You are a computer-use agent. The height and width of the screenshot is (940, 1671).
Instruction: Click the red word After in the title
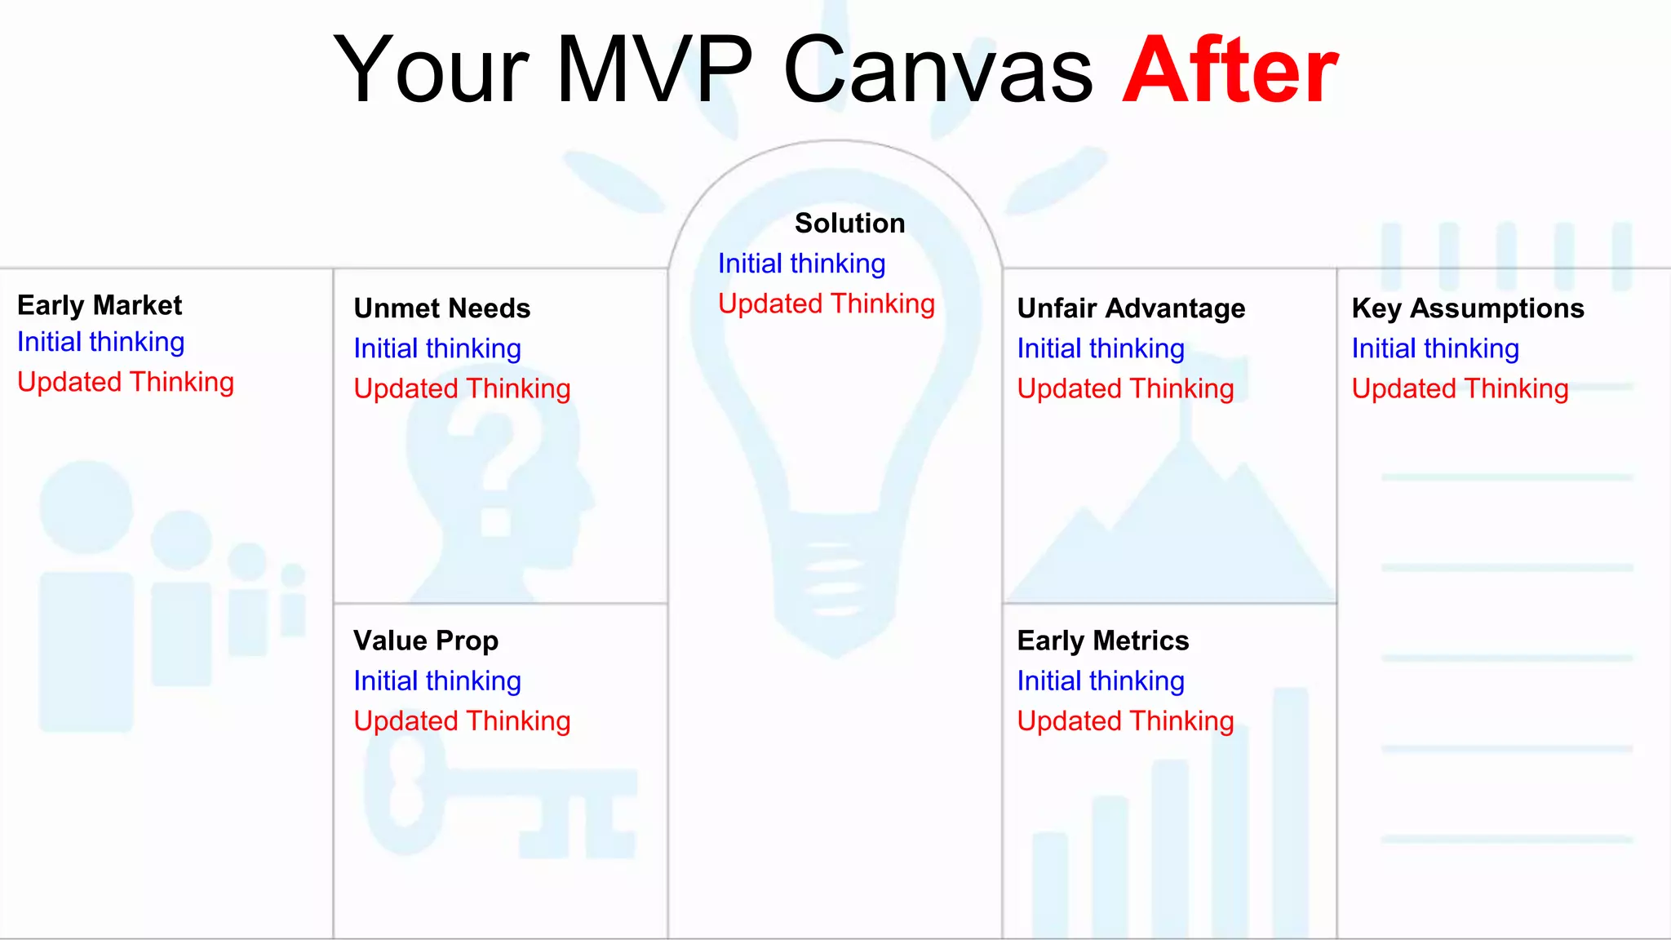(x=1230, y=71)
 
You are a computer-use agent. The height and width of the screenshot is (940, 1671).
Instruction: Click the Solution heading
(x=849, y=224)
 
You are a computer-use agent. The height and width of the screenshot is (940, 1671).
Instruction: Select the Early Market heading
(x=100, y=305)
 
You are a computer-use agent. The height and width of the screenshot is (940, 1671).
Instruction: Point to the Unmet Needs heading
(x=441, y=308)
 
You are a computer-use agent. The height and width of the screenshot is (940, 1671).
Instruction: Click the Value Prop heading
(x=425, y=641)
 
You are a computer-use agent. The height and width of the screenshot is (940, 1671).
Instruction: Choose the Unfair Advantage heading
(x=1131, y=308)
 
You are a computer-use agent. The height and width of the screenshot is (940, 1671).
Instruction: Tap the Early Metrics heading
(x=1102, y=641)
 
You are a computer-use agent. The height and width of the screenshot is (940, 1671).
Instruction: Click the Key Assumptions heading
(x=1467, y=308)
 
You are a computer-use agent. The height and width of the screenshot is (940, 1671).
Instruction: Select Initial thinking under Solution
(x=801, y=264)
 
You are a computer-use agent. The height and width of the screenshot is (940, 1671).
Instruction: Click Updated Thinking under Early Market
(x=126, y=382)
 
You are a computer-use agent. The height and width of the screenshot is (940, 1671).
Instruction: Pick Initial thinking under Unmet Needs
(x=437, y=348)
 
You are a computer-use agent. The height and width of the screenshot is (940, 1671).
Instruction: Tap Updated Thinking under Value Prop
(x=462, y=721)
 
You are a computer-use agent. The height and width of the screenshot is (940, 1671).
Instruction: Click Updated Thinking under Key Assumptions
(x=1460, y=388)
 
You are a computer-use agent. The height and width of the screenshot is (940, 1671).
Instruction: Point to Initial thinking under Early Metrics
(x=1101, y=681)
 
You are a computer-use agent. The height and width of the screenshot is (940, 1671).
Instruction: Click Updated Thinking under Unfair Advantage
(x=1125, y=388)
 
